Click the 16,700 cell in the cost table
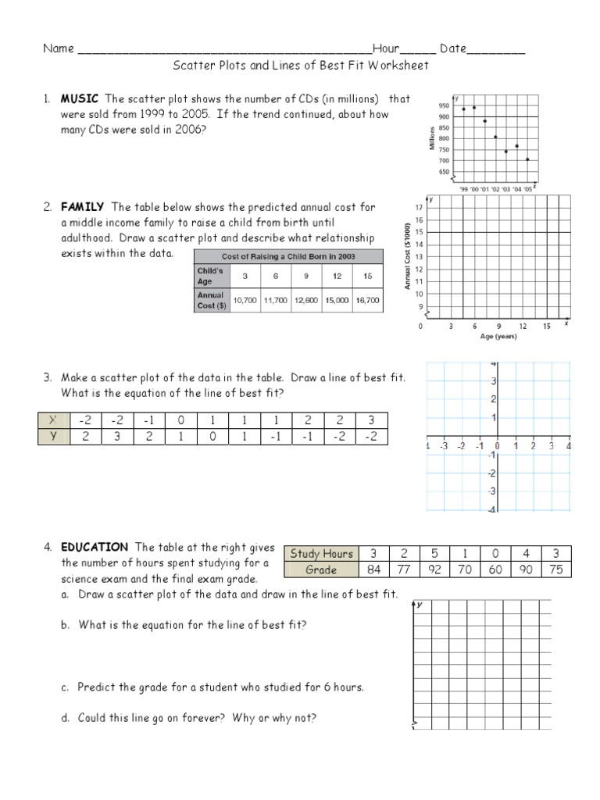click(367, 299)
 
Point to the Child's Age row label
click(210, 276)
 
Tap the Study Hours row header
click(322, 554)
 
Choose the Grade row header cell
click(322, 570)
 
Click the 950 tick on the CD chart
click(445, 105)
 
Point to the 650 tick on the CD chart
click(445, 171)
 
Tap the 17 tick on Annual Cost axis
click(420, 208)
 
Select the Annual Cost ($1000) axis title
click(407, 256)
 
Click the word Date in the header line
click(452, 48)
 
